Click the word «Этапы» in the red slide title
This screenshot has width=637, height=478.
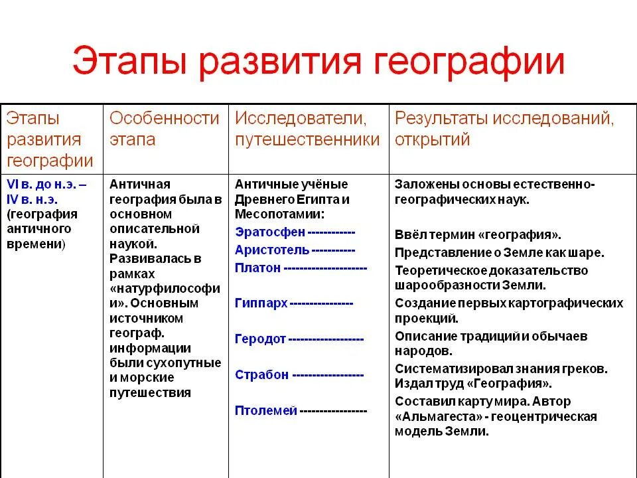click(127, 62)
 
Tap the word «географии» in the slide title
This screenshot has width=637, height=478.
click(472, 62)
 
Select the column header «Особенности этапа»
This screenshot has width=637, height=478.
click(164, 129)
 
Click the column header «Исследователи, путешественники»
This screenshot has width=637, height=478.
click(307, 129)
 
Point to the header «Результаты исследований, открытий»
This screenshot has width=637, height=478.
click(504, 129)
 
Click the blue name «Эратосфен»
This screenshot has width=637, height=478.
click(270, 232)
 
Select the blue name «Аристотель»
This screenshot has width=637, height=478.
click(272, 250)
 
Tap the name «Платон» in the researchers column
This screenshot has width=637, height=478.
click(258, 268)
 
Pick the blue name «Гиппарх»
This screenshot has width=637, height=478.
click(261, 303)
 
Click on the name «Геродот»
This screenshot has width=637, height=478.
click(260, 339)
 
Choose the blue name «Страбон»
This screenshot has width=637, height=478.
click(261, 374)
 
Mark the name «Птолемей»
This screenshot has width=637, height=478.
click(265, 410)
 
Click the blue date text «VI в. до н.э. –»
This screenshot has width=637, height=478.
click(46, 184)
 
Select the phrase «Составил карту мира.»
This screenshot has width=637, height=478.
click(458, 401)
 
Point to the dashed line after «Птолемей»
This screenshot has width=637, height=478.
click(334, 411)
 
